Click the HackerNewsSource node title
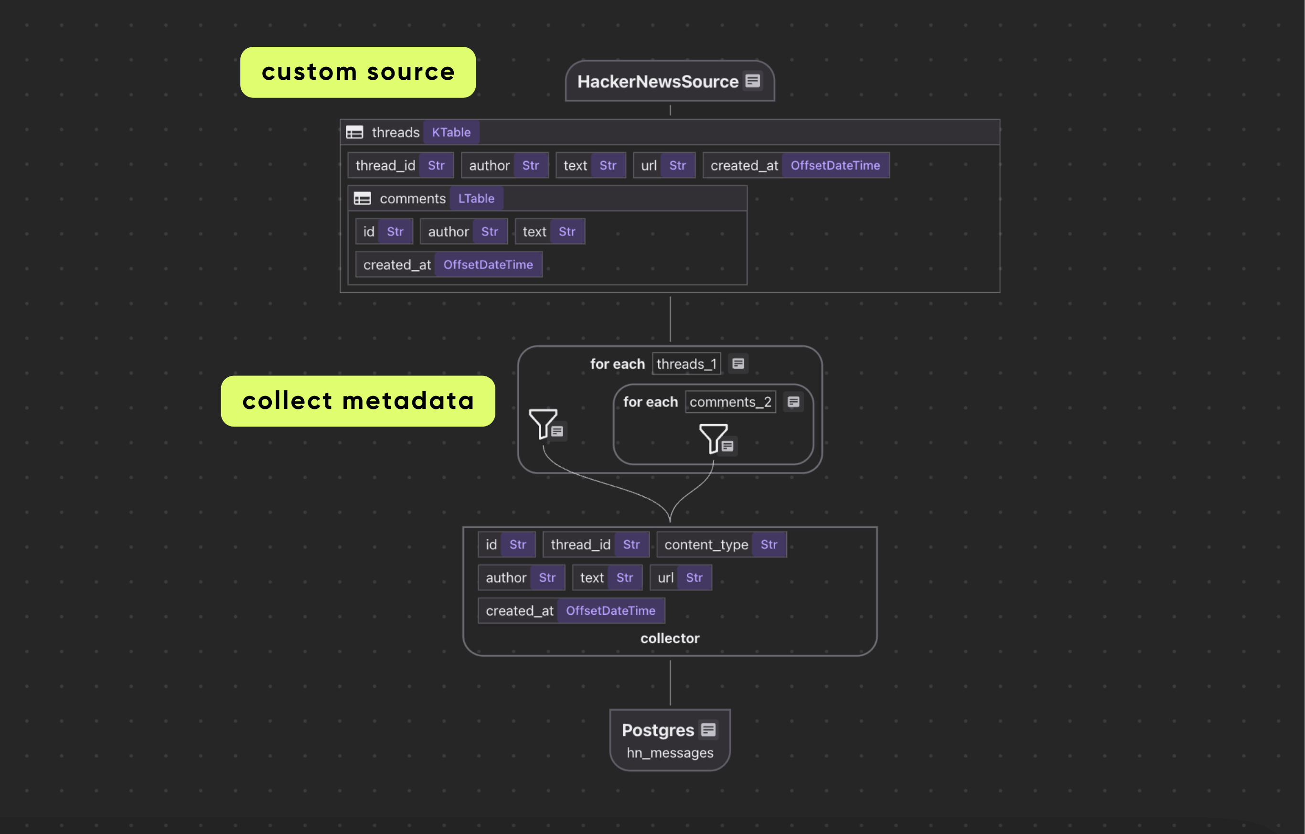[657, 81]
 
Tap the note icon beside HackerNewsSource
[752, 81]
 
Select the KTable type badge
[451, 132]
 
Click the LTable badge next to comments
[476, 198]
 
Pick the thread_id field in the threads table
[385, 165]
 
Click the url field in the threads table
[649, 165]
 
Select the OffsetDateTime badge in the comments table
[488, 265]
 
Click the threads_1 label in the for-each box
[686, 364]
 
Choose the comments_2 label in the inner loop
[730, 402]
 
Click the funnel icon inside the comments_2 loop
[712, 438]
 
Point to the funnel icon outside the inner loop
[542, 423]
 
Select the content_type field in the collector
[706, 545]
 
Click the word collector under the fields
[670, 638]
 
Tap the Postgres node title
[657, 730]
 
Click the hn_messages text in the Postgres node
[670, 753]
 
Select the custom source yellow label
[358, 72]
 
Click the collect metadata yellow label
[358, 401]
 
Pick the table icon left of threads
[354, 132]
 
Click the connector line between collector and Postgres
[670, 683]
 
